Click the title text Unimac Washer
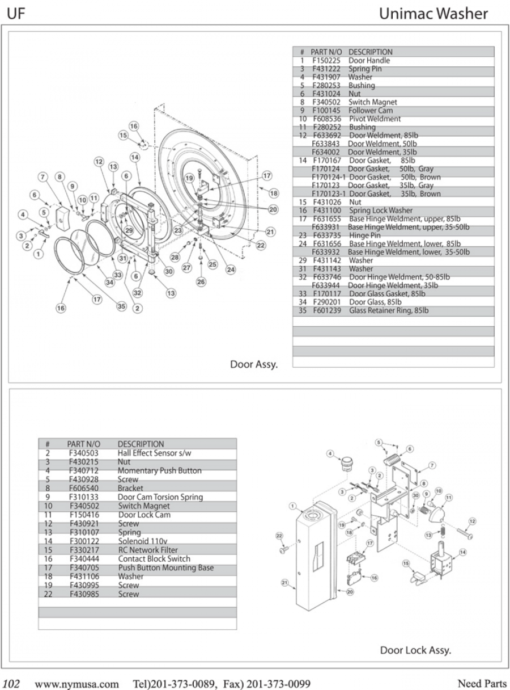[x=433, y=14]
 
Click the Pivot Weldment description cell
[x=375, y=119]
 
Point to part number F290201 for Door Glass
[x=327, y=302]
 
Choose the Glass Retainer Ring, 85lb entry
[x=388, y=311]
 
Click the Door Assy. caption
[x=254, y=364]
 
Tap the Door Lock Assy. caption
[x=415, y=650]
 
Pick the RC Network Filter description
[x=147, y=550]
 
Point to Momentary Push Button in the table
[x=159, y=470]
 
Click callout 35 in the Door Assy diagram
[x=121, y=306]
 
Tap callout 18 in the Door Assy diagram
[x=274, y=193]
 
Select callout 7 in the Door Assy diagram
[x=42, y=176]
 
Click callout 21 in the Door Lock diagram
[x=284, y=582]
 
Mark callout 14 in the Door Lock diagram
[x=463, y=552]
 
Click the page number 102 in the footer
[x=12, y=680]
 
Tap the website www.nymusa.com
[x=77, y=680]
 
